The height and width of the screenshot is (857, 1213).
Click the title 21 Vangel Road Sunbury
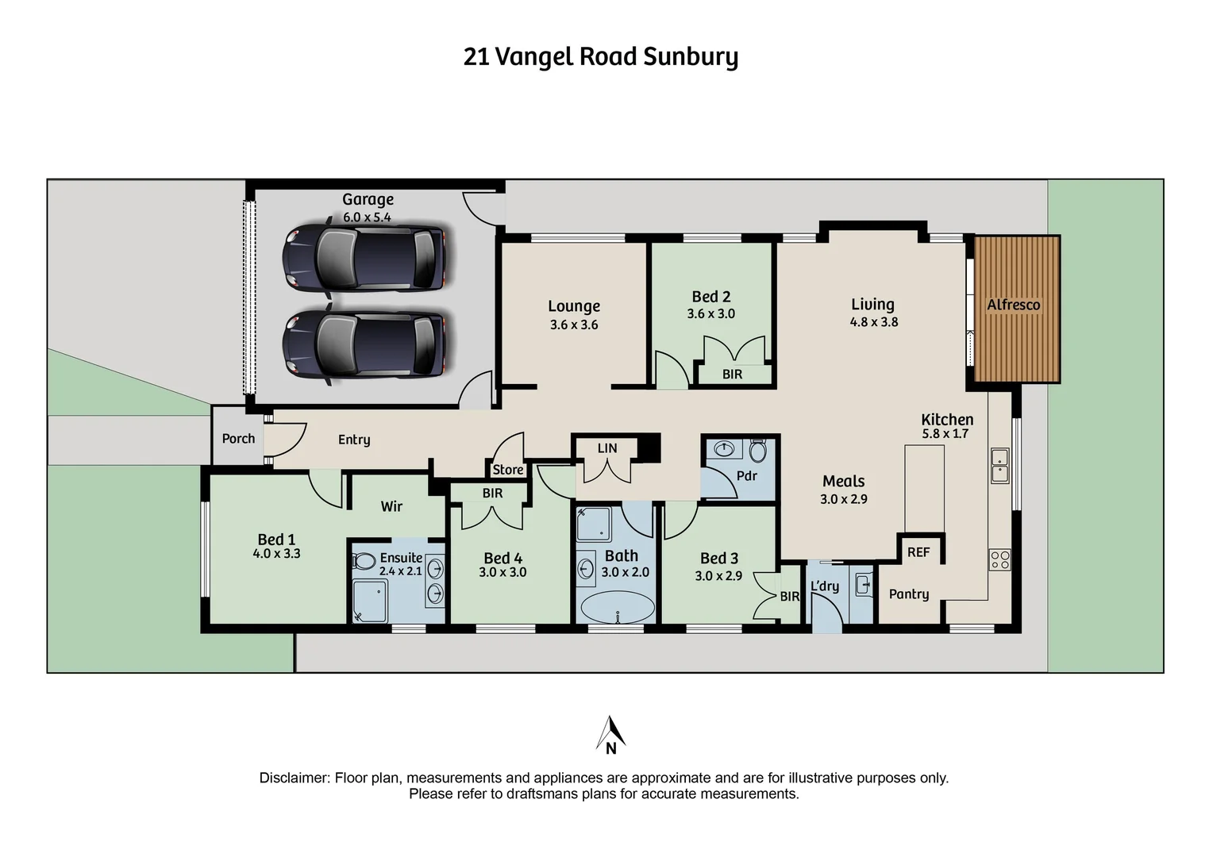600,57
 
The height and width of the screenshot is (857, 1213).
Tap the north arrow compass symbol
610,735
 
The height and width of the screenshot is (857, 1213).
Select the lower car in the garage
364,345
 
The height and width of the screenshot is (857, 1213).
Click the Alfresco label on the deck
1013,305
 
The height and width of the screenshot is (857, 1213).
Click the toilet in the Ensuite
364,561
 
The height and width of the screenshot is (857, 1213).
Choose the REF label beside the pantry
918,552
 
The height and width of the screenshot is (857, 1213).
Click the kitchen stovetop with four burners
999,559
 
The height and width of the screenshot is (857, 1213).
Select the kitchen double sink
999,466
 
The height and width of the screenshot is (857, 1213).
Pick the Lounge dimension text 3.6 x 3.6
574,325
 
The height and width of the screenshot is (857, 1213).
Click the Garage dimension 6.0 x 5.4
367,217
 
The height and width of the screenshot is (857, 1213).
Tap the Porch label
238,439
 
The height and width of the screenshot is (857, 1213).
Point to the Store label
508,470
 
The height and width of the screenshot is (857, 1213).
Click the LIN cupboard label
607,448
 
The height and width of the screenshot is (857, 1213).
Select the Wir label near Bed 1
391,506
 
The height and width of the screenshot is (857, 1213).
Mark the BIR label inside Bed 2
732,374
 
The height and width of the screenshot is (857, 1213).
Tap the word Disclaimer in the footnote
294,778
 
